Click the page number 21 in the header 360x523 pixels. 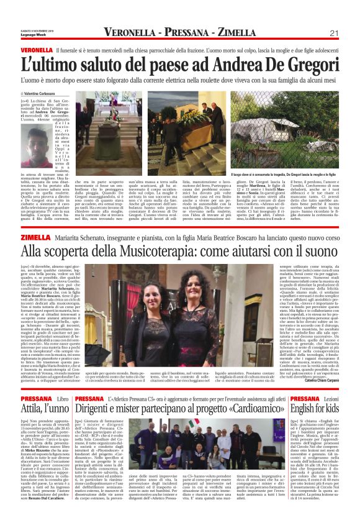click(334, 32)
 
